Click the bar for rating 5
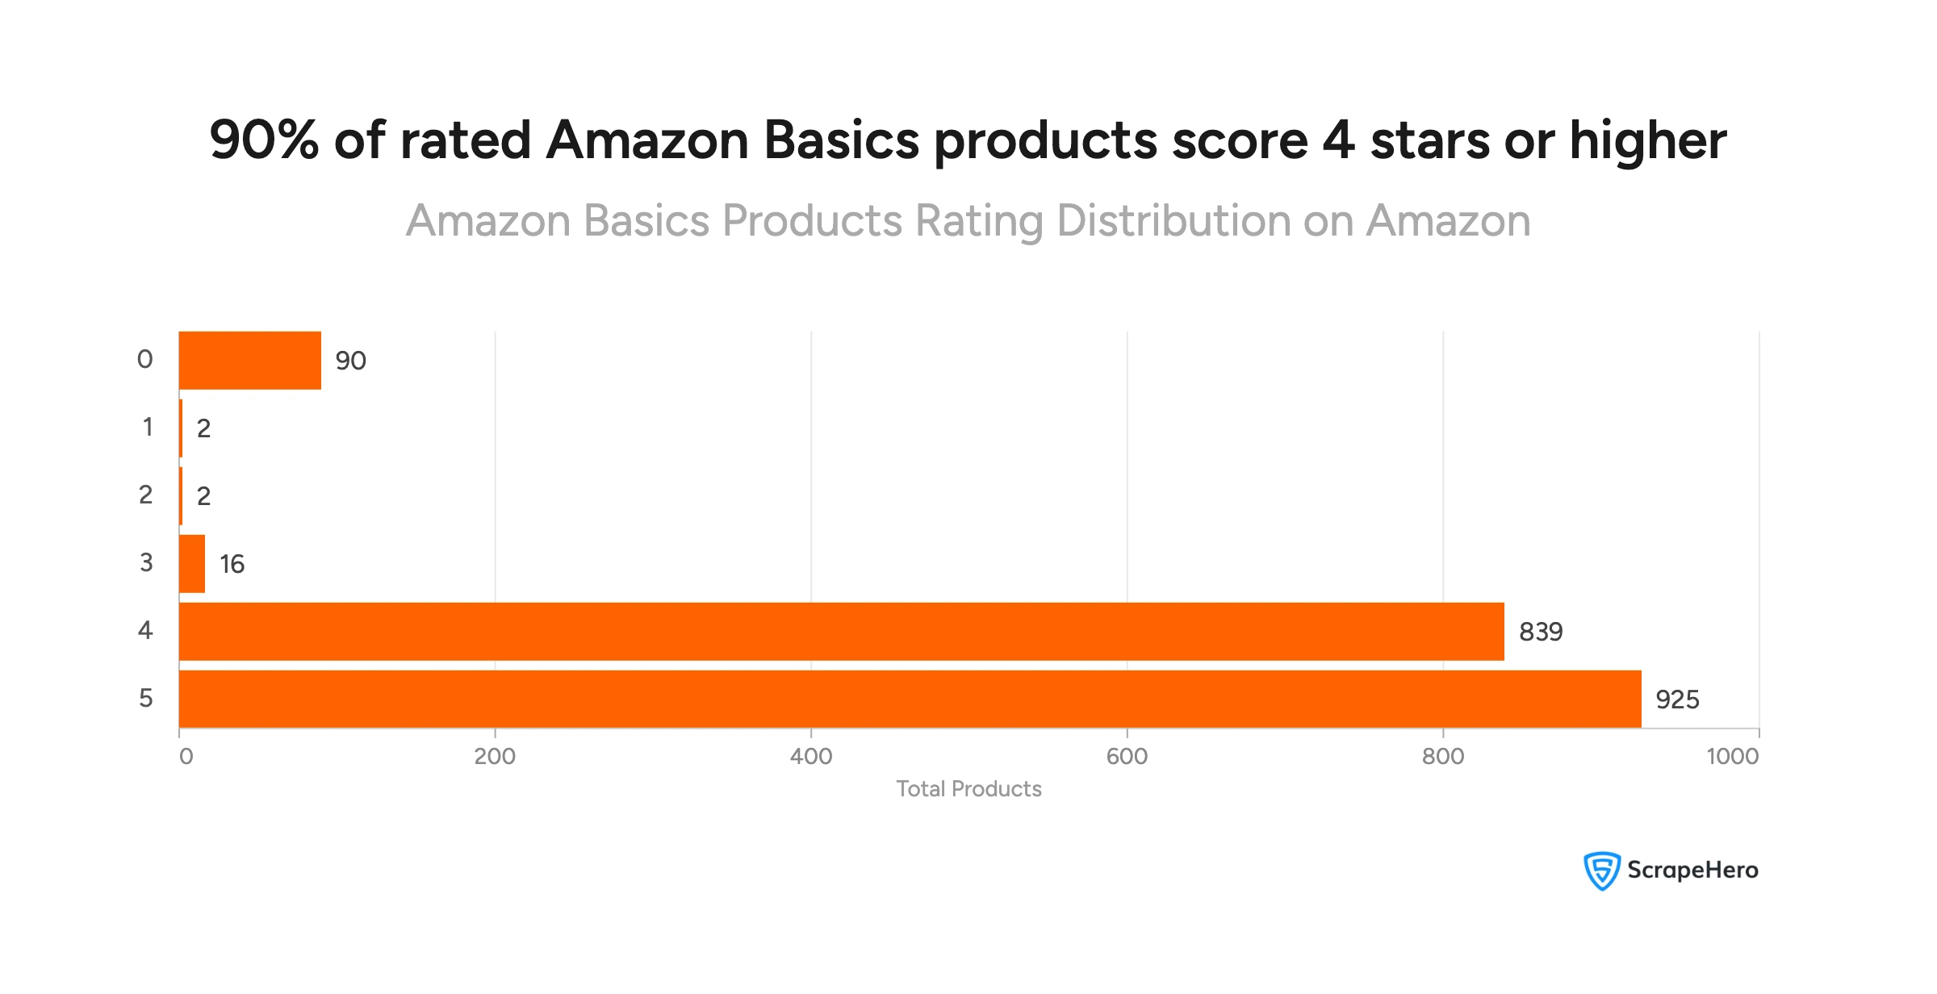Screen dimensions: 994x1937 coord(910,699)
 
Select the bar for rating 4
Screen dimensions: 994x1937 coord(841,631)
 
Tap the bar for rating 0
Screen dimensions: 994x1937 coord(250,360)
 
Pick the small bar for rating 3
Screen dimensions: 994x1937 coord(192,563)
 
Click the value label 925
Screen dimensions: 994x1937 coord(1677,700)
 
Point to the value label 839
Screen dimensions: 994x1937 coord(1541,632)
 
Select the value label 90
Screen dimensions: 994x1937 coord(350,361)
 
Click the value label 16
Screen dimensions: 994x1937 coord(232,564)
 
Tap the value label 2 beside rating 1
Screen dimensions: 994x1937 coord(203,428)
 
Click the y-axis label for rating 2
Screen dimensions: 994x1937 coord(145,495)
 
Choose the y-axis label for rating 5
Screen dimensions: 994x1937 coord(145,698)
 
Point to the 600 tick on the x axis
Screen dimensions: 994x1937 coord(1127,757)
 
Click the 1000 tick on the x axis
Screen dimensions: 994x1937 coord(1732,757)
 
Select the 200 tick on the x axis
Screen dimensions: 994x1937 coord(495,757)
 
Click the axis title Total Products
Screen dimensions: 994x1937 coord(968,789)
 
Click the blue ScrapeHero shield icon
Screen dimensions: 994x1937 coord(1601,871)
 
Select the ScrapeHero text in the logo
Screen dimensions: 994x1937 coord(1692,870)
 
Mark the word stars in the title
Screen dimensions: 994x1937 coord(1429,140)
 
